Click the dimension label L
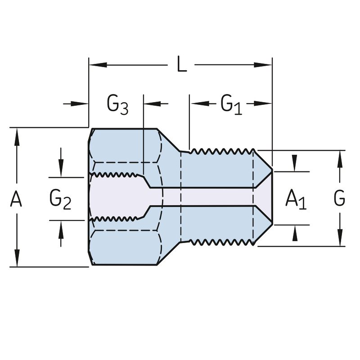[181, 65]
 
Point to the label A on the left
[16, 198]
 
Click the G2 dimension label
[60, 198]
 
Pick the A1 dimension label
[296, 198]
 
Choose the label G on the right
[340, 198]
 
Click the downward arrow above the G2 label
[61, 170]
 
